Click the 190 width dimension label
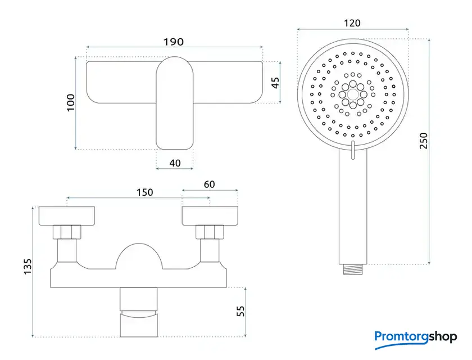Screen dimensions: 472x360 [174, 42]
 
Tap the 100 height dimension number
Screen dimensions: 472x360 [71, 102]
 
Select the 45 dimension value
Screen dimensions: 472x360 [275, 83]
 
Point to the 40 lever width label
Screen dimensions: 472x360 [175, 163]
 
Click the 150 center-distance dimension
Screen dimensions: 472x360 [145, 192]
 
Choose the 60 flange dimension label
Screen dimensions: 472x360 [209, 184]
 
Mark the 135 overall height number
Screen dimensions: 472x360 [28, 266]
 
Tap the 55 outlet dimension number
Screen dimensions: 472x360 [240, 311]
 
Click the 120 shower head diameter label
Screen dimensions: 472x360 [352, 23]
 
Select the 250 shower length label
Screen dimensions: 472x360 [423, 141]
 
